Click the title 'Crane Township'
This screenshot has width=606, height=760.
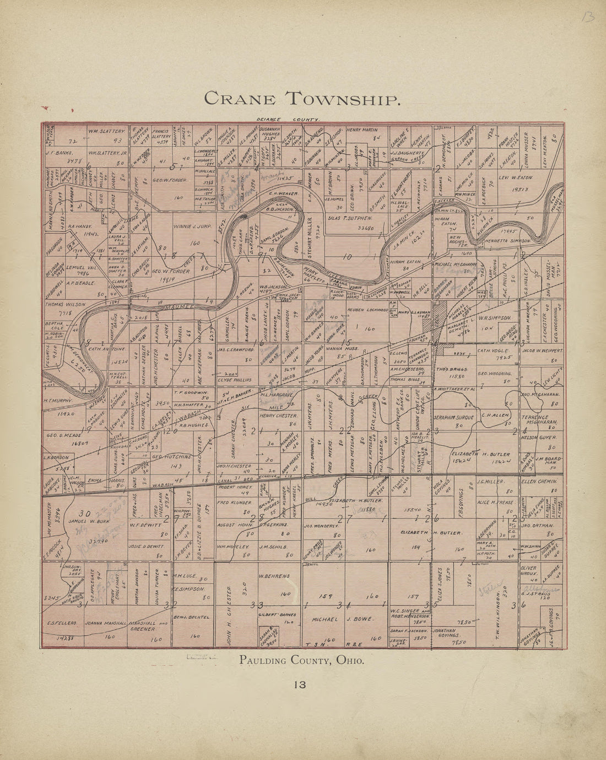click(x=301, y=99)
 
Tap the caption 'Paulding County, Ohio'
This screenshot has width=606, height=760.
click(x=301, y=660)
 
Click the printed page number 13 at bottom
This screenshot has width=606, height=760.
click(x=300, y=685)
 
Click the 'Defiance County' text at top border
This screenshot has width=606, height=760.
click(x=288, y=119)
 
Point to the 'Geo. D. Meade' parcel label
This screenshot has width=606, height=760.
click(x=64, y=434)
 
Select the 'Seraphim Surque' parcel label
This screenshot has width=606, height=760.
click(x=453, y=417)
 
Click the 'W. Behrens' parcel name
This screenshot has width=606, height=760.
click(x=274, y=576)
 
